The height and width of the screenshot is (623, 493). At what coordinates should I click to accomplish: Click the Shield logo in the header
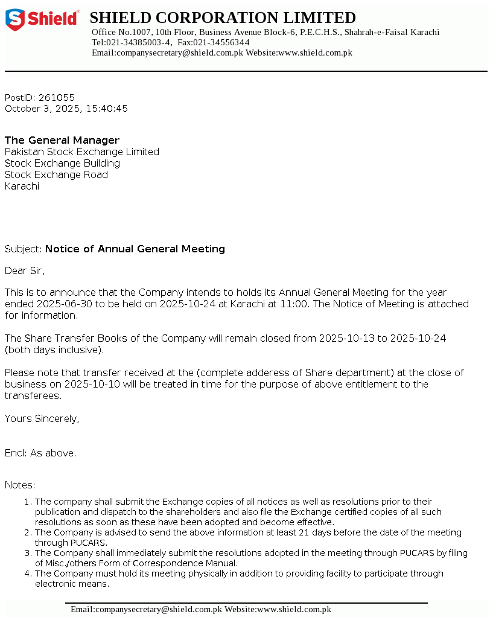pyautogui.click(x=42, y=20)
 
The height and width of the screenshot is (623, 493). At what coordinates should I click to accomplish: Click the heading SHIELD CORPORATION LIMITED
pyautogui.click(x=223, y=18)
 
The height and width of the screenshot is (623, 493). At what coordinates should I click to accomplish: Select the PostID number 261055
pyautogui.click(x=57, y=97)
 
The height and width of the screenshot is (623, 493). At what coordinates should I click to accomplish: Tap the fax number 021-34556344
pyautogui.click(x=221, y=42)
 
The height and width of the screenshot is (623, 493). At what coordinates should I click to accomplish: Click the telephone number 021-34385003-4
pyautogui.click(x=139, y=42)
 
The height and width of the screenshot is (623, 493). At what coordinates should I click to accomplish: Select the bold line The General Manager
pyautogui.click(x=62, y=140)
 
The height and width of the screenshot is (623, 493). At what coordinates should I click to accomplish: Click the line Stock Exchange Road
pyautogui.click(x=56, y=174)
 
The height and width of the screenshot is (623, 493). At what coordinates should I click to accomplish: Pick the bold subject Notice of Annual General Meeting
pyautogui.click(x=135, y=249)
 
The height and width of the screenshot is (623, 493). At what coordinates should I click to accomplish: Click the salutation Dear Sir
pyautogui.click(x=25, y=270)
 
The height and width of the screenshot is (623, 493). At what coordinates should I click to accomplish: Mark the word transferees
pyautogui.click(x=33, y=395)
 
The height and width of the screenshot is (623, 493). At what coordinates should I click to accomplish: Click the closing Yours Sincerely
pyautogui.click(x=42, y=418)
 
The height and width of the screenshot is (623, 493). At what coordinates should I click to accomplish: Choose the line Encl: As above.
pyautogui.click(x=40, y=453)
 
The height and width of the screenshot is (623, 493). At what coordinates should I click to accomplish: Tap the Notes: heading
pyautogui.click(x=20, y=485)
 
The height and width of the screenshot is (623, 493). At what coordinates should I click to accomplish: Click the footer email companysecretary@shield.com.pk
pyautogui.click(x=147, y=610)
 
